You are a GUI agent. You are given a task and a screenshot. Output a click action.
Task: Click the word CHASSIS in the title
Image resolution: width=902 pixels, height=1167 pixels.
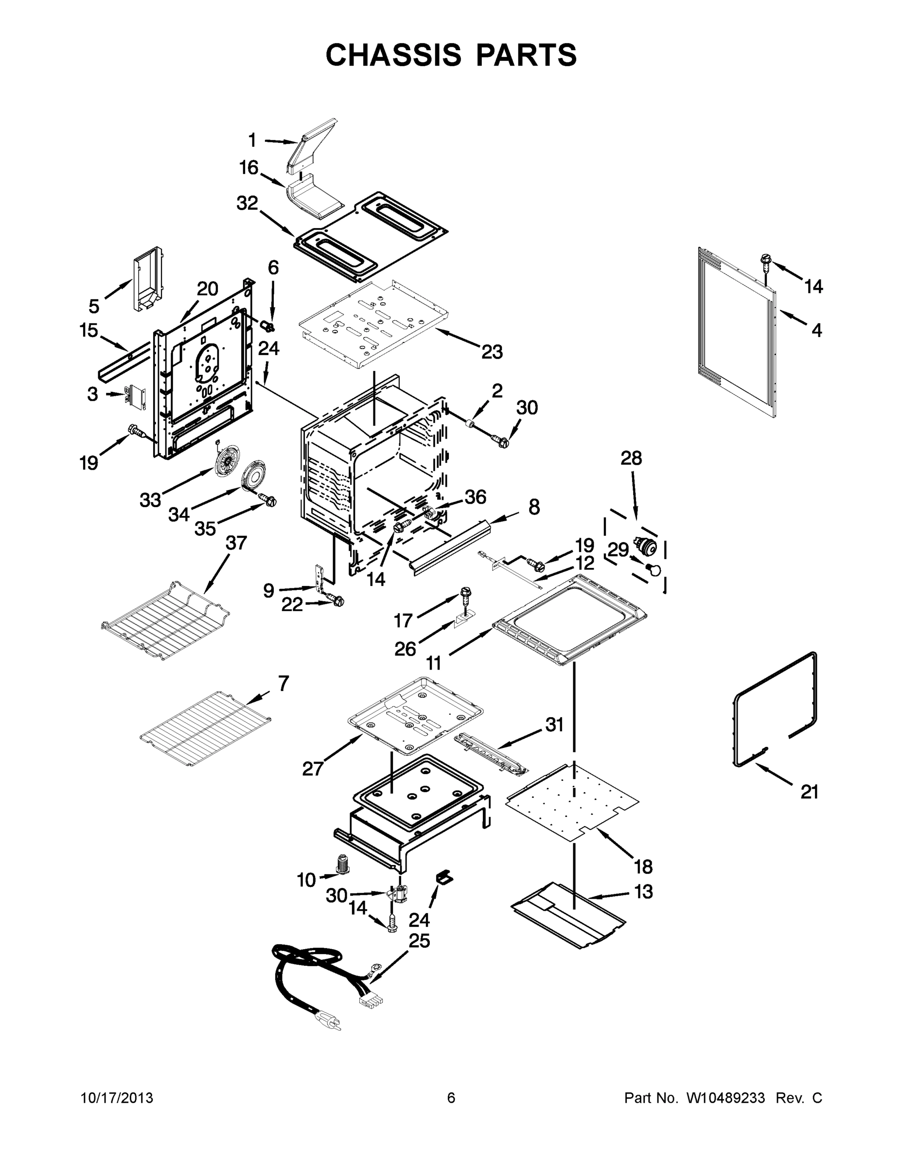pyautogui.click(x=393, y=55)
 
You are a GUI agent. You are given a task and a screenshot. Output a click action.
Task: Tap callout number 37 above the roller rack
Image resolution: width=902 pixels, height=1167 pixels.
pyautogui.click(x=236, y=543)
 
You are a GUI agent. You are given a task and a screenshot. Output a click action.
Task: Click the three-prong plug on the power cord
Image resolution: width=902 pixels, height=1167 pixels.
pyautogui.click(x=330, y=1022)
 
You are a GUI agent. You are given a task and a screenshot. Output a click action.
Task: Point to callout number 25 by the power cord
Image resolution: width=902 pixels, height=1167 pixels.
pyautogui.click(x=419, y=940)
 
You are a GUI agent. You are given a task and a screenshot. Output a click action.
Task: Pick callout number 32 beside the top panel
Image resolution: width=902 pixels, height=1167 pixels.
pyautogui.click(x=247, y=203)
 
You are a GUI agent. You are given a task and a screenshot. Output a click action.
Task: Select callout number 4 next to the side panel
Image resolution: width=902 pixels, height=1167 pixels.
pyautogui.click(x=816, y=330)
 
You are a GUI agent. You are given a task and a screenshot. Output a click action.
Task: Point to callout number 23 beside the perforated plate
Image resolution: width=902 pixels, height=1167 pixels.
pyautogui.click(x=492, y=352)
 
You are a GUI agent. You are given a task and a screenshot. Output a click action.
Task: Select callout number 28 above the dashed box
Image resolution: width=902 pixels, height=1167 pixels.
pyautogui.click(x=631, y=458)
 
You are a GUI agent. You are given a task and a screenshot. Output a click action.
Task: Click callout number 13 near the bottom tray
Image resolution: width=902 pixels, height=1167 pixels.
pyautogui.click(x=643, y=891)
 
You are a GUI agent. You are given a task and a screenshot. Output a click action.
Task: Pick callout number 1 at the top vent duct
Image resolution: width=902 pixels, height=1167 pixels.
pyautogui.click(x=252, y=141)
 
